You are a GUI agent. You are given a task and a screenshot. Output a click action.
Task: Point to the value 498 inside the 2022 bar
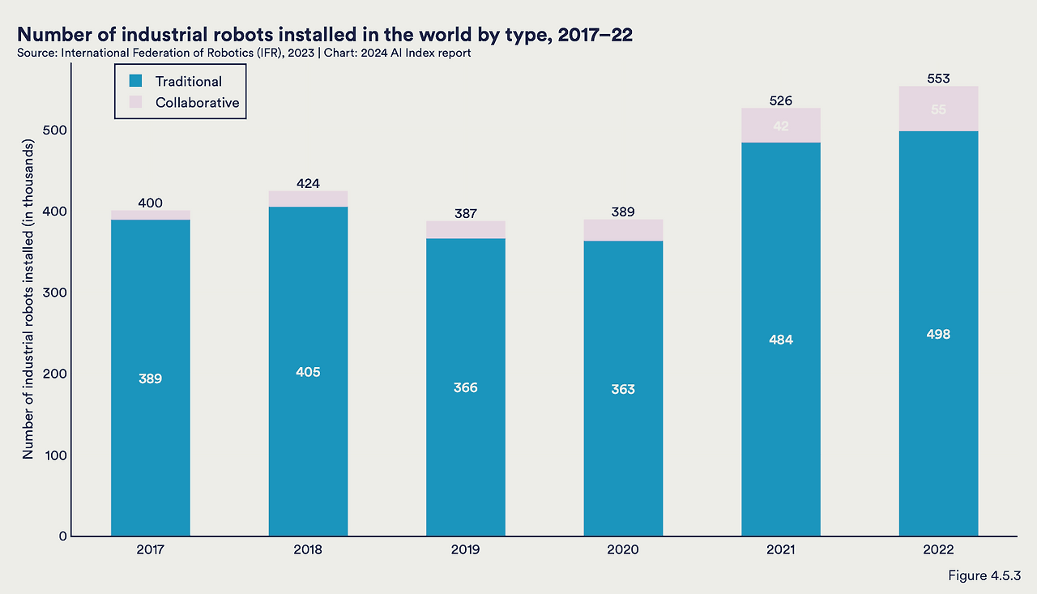coord(938,334)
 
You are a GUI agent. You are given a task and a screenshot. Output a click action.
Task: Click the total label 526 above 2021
coord(781,100)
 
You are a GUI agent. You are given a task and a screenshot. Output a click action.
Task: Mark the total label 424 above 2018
coord(309,182)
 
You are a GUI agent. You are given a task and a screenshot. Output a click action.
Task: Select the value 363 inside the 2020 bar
coord(623,389)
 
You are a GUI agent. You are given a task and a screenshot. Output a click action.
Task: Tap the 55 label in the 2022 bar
coord(938,109)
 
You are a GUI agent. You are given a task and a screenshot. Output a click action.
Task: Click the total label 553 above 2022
coord(938,79)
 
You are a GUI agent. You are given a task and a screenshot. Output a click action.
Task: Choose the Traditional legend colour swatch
coord(136,81)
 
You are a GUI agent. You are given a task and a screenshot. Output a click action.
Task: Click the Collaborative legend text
coord(197,103)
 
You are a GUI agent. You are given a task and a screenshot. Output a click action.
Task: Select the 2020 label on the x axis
coord(623,549)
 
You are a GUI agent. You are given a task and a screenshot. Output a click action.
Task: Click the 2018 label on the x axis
coord(309,549)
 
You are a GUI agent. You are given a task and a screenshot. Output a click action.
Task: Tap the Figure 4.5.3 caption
coord(984,575)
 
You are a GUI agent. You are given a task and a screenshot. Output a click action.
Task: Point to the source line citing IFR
coord(244,53)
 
